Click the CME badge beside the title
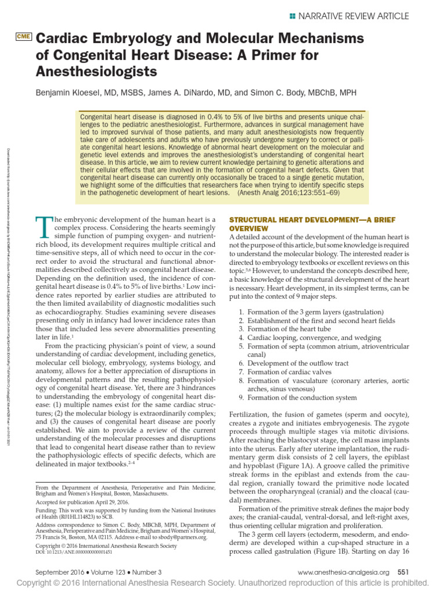click(24, 37)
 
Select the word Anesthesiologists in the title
click(97, 71)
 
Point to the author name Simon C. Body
click(282, 93)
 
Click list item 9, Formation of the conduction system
click(298, 397)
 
